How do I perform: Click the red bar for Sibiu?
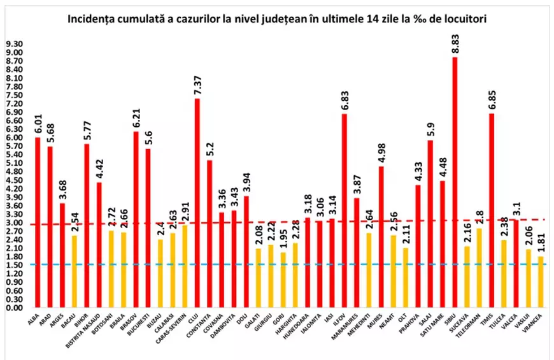(x=455, y=182)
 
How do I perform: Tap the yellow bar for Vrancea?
(x=541, y=282)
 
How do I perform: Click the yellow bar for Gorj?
(x=283, y=280)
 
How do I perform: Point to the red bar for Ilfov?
(x=344, y=210)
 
